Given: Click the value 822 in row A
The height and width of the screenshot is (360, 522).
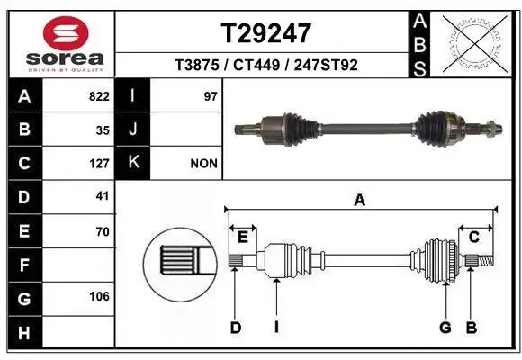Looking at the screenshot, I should coord(100,96).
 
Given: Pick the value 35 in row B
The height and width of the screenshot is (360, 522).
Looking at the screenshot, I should coord(103,130).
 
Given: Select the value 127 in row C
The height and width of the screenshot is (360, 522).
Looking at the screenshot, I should coord(100,164).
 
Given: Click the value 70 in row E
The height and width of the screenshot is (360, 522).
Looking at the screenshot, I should coord(103,231).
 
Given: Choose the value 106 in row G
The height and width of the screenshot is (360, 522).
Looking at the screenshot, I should coord(100,297).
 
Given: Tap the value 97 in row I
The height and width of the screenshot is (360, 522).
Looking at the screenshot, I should coord(211,96).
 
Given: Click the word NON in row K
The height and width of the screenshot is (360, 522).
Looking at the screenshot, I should coord(203,164).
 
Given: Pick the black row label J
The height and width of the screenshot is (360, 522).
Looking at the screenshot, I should coord(133,130).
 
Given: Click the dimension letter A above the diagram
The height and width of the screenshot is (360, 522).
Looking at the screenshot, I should coord(359,201).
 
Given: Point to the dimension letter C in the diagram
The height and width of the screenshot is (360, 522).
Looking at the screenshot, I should coord(473,237).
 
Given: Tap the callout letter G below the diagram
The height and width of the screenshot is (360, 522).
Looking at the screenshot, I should coord(445,328).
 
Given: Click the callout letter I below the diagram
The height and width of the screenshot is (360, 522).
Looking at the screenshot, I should coord(275,328).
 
